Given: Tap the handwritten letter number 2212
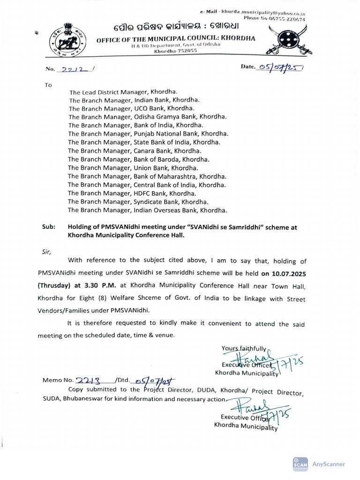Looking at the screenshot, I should point(74,69).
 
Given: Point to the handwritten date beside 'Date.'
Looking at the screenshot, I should point(281,67).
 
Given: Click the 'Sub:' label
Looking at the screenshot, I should point(48,227).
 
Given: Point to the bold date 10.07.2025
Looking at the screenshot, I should point(284,272).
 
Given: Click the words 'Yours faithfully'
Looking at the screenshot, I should point(244,348).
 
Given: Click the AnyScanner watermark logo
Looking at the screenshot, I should point(300,463).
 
